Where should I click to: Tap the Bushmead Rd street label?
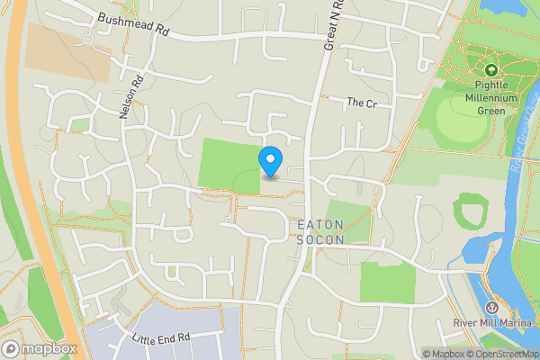click(134, 23)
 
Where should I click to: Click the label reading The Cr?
click(361, 103)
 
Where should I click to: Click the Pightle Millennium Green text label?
click(491, 97)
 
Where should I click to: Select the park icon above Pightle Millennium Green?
click(491, 70)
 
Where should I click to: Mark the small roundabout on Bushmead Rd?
click(88, 40)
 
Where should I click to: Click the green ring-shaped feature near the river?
click(470, 212)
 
